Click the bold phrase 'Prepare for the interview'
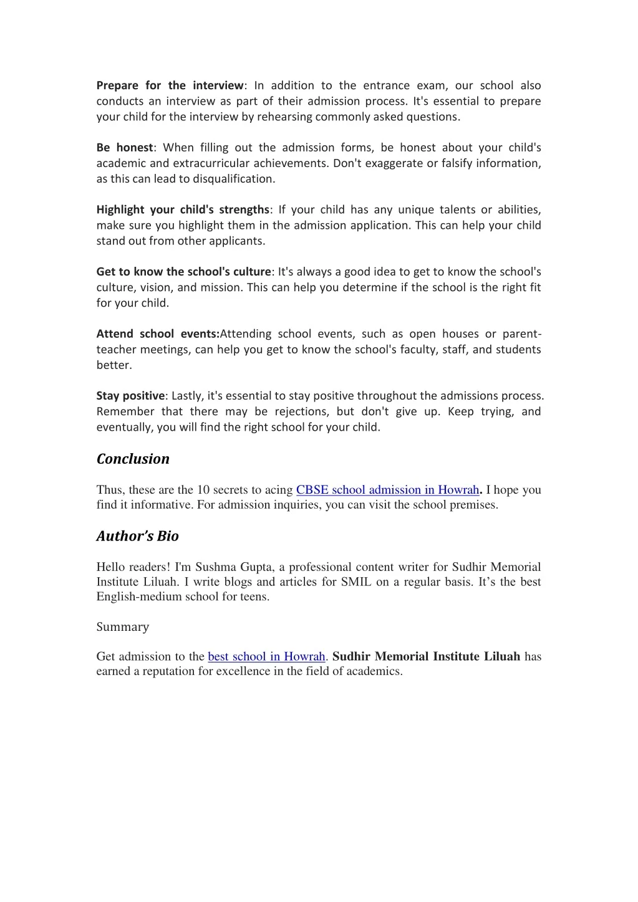[x=170, y=85]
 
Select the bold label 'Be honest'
[x=125, y=148]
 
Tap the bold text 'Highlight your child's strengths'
[x=183, y=209]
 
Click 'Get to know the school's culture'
[x=183, y=272]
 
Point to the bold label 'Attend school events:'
[x=158, y=333]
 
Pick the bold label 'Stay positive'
[x=130, y=396]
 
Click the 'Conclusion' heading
[x=133, y=459]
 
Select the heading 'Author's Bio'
[x=137, y=536]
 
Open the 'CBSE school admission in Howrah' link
[x=387, y=490]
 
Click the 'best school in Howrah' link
[x=266, y=656]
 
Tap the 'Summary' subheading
[x=122, y=627]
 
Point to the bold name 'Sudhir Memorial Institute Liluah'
[x=426, y=656]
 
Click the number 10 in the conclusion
[x=203, y=490]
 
